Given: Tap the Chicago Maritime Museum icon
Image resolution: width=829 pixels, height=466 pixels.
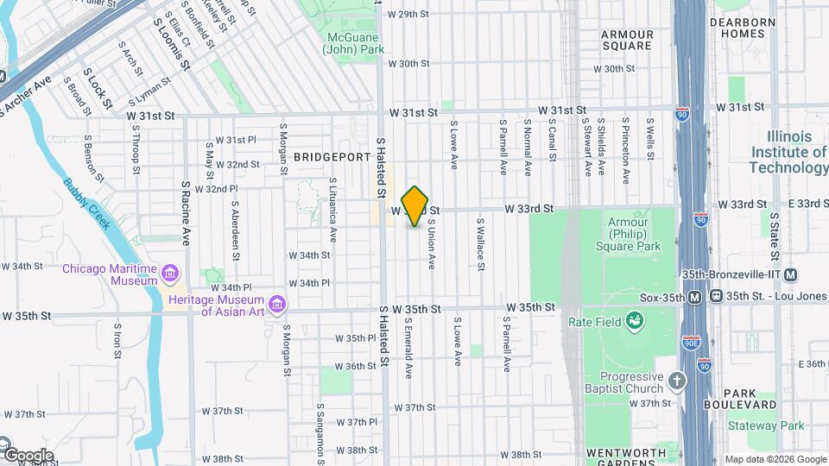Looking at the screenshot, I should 171,274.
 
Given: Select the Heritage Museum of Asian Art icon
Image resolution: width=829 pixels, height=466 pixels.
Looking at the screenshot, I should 277,305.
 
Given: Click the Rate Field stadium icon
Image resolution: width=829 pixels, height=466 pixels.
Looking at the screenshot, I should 636,322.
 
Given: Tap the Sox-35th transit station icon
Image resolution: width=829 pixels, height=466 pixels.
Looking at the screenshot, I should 695,296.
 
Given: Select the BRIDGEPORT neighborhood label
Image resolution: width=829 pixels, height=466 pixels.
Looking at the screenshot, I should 326,157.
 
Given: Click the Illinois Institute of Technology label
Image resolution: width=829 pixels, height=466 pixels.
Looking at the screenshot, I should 788,152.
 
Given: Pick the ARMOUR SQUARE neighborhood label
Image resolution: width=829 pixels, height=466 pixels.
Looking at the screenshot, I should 627,40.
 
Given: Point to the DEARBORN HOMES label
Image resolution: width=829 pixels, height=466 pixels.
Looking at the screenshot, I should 737,28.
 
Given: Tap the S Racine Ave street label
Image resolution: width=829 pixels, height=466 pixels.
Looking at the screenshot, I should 186,211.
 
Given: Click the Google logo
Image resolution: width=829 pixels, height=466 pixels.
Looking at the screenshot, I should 28,455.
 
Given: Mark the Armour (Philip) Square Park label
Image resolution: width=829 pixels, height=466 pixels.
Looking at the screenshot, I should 628,234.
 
